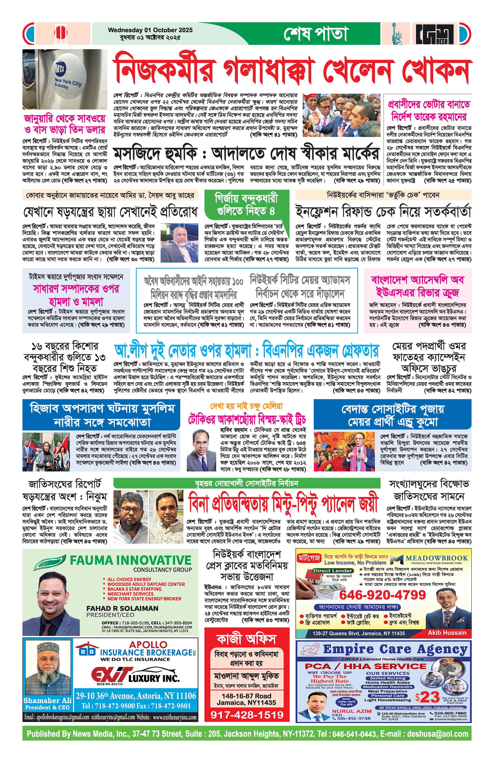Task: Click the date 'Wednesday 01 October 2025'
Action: pyautogui.click(x=150, y=30)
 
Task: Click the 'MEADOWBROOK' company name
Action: pyautogui.click(x=437, y=558)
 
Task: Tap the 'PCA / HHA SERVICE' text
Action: pyautogui.click(x=366, y=666)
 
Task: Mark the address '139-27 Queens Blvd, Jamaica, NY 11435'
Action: pyautogui.click(x=359, y=633)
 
